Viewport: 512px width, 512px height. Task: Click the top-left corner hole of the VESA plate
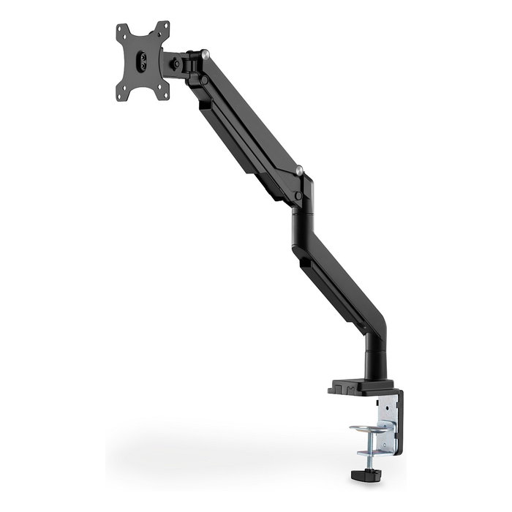point(121,31)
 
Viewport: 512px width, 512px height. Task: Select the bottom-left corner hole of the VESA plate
point(122,93)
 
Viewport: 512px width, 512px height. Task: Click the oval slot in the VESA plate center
point(143,59)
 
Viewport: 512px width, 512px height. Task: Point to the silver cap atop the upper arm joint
point(209,53)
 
